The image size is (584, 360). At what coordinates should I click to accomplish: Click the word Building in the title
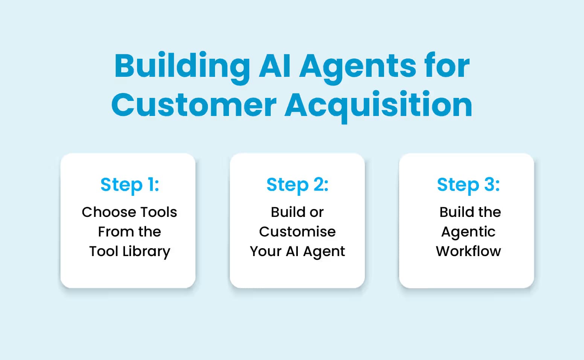coord(182,66)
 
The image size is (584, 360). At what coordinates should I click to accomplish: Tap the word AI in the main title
coord(275,66)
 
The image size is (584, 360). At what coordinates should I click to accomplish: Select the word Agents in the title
coord(358,66)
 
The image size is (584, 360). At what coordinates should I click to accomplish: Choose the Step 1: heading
coord(130,185)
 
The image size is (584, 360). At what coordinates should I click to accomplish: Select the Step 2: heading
coord(297,185)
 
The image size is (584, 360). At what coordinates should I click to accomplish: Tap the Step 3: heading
coord(468,185)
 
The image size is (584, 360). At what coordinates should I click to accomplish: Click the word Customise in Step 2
coord(297,232)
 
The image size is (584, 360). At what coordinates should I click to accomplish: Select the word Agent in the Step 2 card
coord(324,251)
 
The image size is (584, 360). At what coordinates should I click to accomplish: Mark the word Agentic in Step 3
coord(468,232)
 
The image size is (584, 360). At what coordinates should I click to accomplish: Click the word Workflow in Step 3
coord(468,251)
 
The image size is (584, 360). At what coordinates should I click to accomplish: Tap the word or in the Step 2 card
coord(316,212)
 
